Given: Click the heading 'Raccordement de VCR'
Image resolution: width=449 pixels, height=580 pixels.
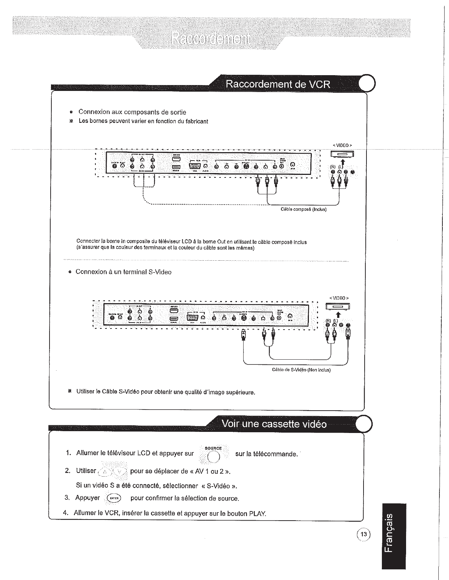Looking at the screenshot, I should pos(278,85).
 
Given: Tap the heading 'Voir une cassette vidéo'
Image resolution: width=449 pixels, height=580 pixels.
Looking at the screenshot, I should pos(274,424).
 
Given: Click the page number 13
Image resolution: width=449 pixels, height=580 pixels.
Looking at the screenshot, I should pos(364,534).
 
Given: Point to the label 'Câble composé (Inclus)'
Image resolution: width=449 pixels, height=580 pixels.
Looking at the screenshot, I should pos(303,209).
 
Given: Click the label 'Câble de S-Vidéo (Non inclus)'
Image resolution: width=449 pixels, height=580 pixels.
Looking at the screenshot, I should pos(301,370).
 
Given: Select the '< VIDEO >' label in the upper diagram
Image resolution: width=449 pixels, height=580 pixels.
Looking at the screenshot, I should pos(342,145).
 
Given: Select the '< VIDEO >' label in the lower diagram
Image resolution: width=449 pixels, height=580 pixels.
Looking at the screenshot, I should pos(338,298).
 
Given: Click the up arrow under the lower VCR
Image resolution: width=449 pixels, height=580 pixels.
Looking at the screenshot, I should pos(338,315).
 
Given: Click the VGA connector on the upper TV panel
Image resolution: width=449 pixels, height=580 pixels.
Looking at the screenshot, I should pos(195,166).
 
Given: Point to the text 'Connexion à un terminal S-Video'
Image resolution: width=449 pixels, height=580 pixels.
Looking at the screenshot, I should pos(123,272).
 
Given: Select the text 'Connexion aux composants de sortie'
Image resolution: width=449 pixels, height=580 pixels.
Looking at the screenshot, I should pos(132,112).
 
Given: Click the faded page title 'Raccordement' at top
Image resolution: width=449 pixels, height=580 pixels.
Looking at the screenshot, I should pos(209,38).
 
